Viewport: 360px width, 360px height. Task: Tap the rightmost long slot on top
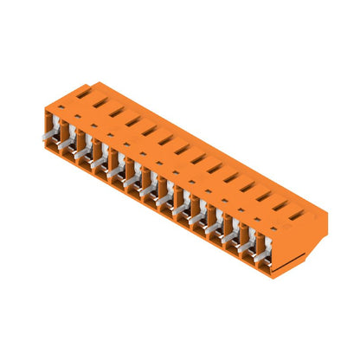(x=297, y=214)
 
